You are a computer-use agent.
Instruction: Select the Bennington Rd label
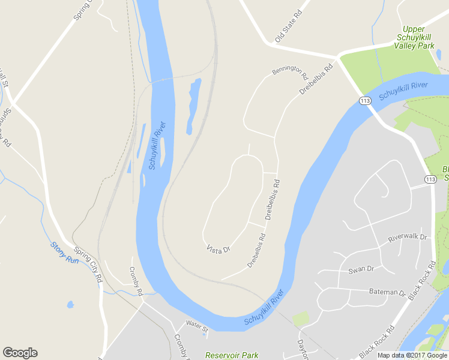coord(289,73)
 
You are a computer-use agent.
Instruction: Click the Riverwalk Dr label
coord(407,238)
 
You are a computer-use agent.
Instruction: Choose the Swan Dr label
coord(361,269)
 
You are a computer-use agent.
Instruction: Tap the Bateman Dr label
coord(387,292)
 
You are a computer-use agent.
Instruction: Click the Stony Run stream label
coord(64,252)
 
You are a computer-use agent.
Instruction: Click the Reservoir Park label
coord(232,355)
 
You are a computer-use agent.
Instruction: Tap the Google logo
coord(20,353)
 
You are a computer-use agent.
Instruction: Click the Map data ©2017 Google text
coord(412,355)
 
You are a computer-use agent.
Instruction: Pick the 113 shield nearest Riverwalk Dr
coord(430,179)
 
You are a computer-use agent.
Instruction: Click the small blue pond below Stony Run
coord(70,305)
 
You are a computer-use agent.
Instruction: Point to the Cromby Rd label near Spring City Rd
coord(136,281)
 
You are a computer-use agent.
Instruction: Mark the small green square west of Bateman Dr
coord(301,319)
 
